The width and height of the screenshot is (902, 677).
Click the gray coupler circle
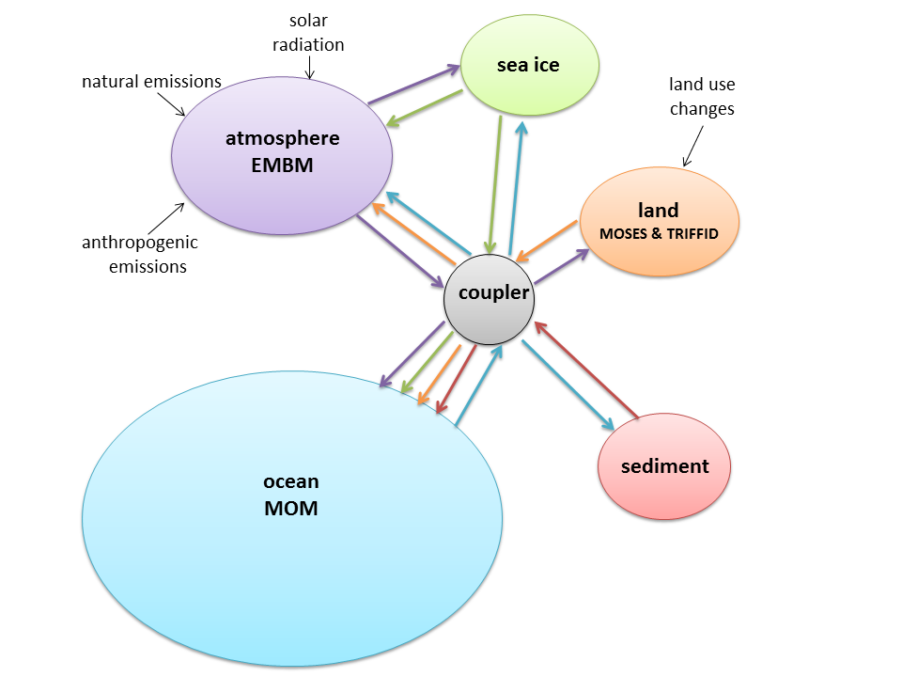[489, 299]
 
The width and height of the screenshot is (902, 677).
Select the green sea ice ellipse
[528, 65]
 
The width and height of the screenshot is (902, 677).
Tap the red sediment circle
[664, 466]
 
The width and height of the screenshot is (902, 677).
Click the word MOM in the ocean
[290, 509]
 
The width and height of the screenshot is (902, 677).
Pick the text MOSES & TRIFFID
[659, 233]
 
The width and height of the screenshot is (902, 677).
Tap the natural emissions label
[151, 82]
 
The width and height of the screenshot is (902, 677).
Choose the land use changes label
[701, 97]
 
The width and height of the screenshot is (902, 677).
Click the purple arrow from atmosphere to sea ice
[412, 86]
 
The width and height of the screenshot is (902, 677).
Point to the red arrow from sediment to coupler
[586, 370]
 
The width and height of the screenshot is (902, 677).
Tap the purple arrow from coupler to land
[561, 265]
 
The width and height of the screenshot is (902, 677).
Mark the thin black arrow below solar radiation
[310, 68]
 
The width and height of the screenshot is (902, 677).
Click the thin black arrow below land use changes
[692, 149]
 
